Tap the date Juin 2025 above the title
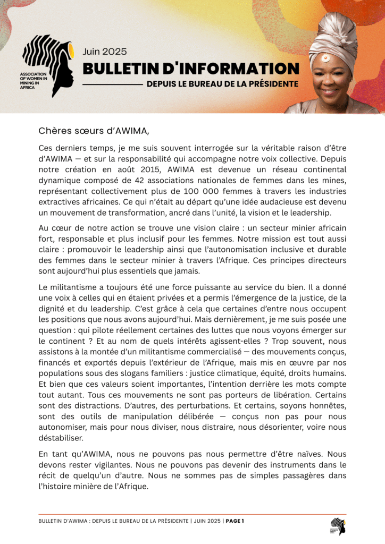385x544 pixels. [x=104, y=52]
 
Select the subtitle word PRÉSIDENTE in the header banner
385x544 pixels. [x=272, y=84]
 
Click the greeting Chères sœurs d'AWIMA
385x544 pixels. [x=93, y=130]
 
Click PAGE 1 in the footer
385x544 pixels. [x=235, y=521]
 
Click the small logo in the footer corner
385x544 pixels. [x=338, y=526]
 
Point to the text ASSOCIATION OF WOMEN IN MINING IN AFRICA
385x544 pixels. [x=33, y=80]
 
